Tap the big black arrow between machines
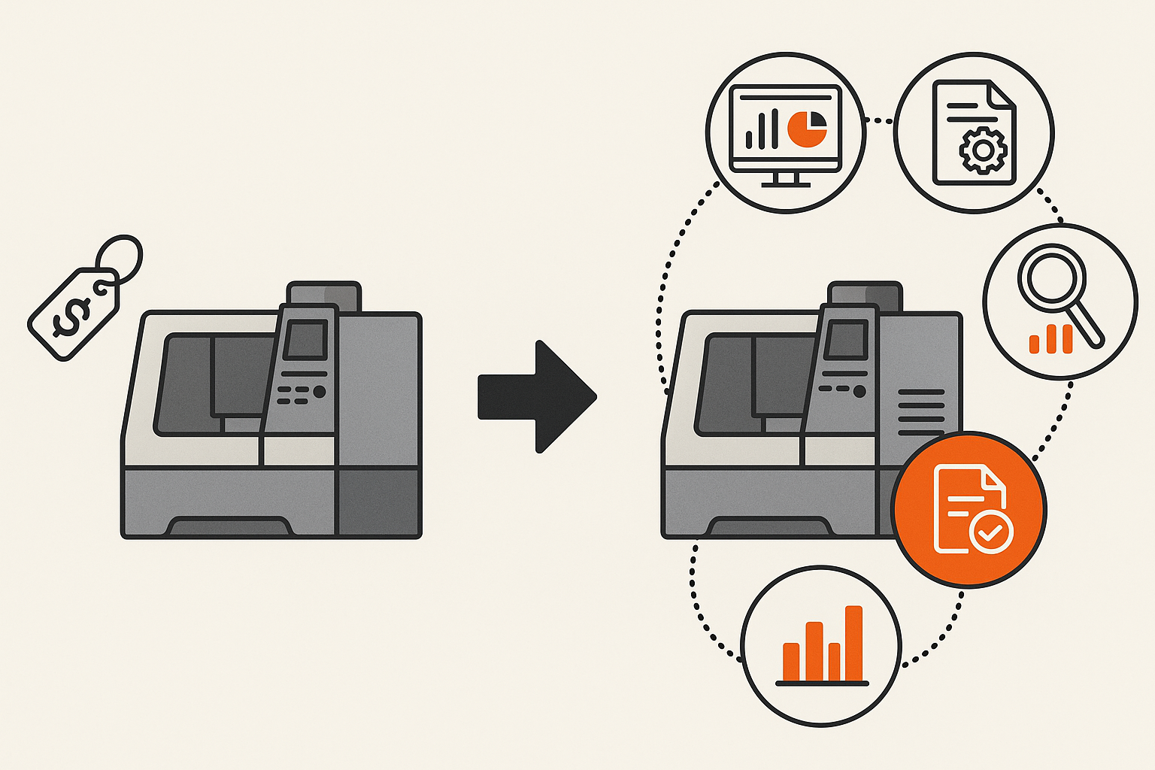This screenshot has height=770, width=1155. point(536,396)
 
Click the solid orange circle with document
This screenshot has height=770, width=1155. point(969,509)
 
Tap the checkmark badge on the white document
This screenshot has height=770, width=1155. point(992,532)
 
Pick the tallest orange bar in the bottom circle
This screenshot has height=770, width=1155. point(853,643)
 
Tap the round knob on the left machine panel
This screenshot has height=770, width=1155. point(320,392)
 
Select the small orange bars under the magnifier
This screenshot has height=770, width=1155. point(1051,340)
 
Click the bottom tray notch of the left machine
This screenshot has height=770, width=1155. point(229,526)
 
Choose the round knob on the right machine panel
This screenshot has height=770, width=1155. point(859,391)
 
